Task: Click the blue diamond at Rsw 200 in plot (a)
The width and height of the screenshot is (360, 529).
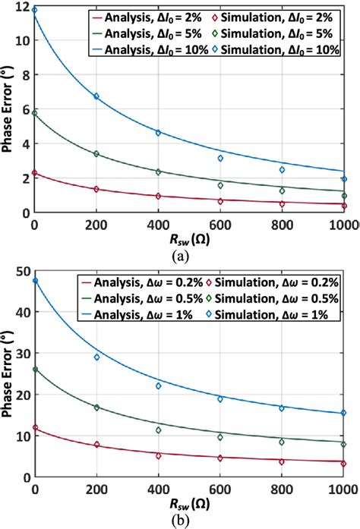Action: [96, 96]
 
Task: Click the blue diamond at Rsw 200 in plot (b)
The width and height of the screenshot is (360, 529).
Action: [96, 357]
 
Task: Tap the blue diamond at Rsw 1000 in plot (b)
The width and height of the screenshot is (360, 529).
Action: [343, 413]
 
